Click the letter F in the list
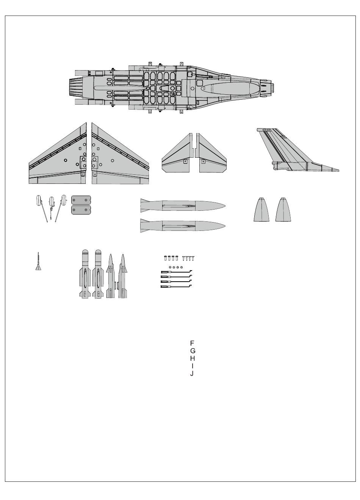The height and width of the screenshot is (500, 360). [192, 343]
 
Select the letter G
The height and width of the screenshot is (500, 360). [193, 351]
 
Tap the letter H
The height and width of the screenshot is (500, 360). [193, 358]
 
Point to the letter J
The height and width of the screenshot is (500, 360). [192, 373]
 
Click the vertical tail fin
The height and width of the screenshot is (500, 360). [288, 152]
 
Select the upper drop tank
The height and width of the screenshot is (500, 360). [182, 206]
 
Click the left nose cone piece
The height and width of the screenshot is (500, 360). [261, 210]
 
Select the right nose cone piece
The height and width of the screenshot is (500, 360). [283, 210]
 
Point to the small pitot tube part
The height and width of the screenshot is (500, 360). [38, 263]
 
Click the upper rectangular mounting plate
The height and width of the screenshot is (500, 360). [81, 200]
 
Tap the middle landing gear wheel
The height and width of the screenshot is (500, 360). [52, 200]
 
